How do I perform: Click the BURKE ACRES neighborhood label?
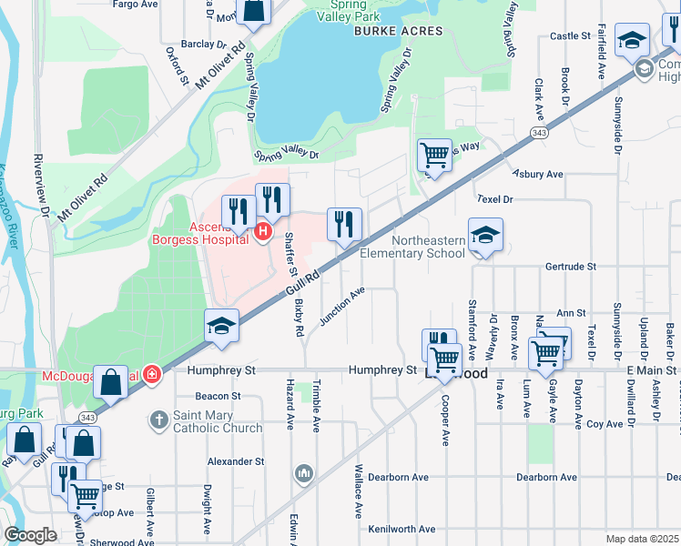pyautogui.click(x=398, y=31)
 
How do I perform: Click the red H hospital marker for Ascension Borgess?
pyautogui.click(x=263, y=232)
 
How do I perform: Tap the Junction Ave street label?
pyautogui.click(x=342, y=306)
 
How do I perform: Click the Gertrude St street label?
pyautogui.click(x=569, y=267)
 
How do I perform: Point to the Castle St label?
pyautogui.click(x=571, y=35)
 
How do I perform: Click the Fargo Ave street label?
pyautogui.click(x=135, y=5)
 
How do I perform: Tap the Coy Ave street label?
pyautogui.click(x=605, y=423)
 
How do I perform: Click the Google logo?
pyautogui.click(x=30, y=535)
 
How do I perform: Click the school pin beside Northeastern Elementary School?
pyautogui.click(x=485, y=238)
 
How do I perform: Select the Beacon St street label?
pyautogui.click(x=217, y=396)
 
